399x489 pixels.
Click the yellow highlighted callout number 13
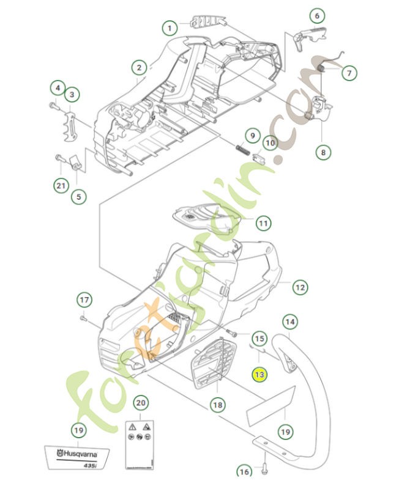(260, 374)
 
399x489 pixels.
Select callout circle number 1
(170, 28)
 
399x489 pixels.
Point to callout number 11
(263, 224)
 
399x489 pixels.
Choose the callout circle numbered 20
(141, 403)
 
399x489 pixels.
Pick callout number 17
(84, 300)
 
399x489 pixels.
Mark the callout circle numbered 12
(299, 287)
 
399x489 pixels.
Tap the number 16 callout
(244, 471)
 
